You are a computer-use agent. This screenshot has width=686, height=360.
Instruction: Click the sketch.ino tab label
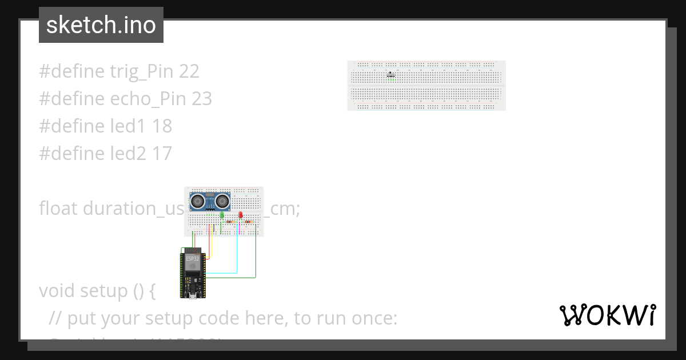(x=101, y=25)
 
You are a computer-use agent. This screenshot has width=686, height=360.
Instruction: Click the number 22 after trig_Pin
(x=189, y=71)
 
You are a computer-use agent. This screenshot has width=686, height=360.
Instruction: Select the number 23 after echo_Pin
(x=202, y=99)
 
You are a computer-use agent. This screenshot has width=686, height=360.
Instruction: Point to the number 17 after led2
(x=162, y=154)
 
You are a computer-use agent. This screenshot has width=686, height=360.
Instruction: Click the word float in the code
(x=58, y=209)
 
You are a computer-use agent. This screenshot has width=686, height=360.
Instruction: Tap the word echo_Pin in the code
(x=148, y=99)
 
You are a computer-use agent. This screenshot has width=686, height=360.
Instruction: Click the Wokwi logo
(x=607, y=315)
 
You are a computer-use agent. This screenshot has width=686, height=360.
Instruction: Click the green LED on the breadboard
(x=222, y=215)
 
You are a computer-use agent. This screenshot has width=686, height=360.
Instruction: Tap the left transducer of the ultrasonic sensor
(x=197, y=201)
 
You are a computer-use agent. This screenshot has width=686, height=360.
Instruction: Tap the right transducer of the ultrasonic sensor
(x=222, y=201)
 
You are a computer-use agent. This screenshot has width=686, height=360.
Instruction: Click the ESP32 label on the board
(x=193, y=259)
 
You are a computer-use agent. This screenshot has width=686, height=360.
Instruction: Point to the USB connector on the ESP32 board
(x=193, y=295)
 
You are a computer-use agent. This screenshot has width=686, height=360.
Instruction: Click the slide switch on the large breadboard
(x=391, y=74)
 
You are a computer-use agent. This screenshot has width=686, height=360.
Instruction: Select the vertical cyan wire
(x=237, y=251)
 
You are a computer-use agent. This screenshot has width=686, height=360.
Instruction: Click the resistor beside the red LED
(x=249, y=221)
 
